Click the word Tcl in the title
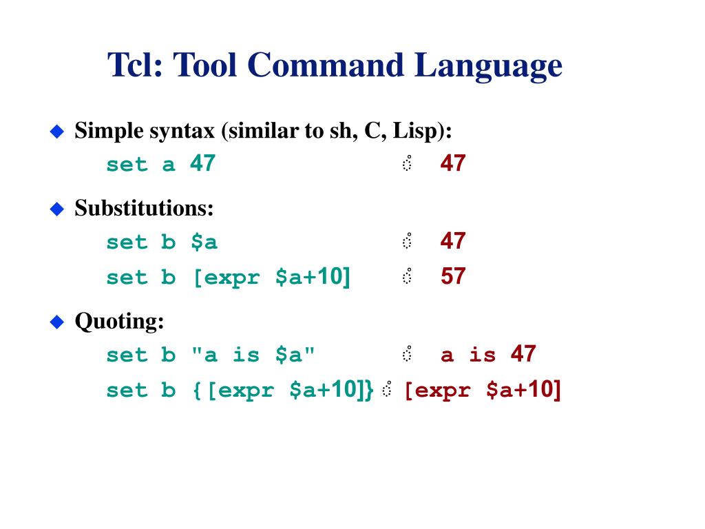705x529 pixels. coord(134,66)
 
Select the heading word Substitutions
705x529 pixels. coord(144,208)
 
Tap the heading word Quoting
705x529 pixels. coord(119,322)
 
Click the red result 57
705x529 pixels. coord(453,277)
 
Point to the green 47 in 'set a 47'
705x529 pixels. coord(202,164)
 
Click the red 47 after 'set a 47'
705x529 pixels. coord(453,164)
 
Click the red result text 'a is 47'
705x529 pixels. coord(487,355)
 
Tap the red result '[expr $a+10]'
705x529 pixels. coord(482,391)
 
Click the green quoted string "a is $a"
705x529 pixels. coord(253,355)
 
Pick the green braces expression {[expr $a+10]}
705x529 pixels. coord(282,391)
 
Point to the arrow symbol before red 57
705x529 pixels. coord(407,277)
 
